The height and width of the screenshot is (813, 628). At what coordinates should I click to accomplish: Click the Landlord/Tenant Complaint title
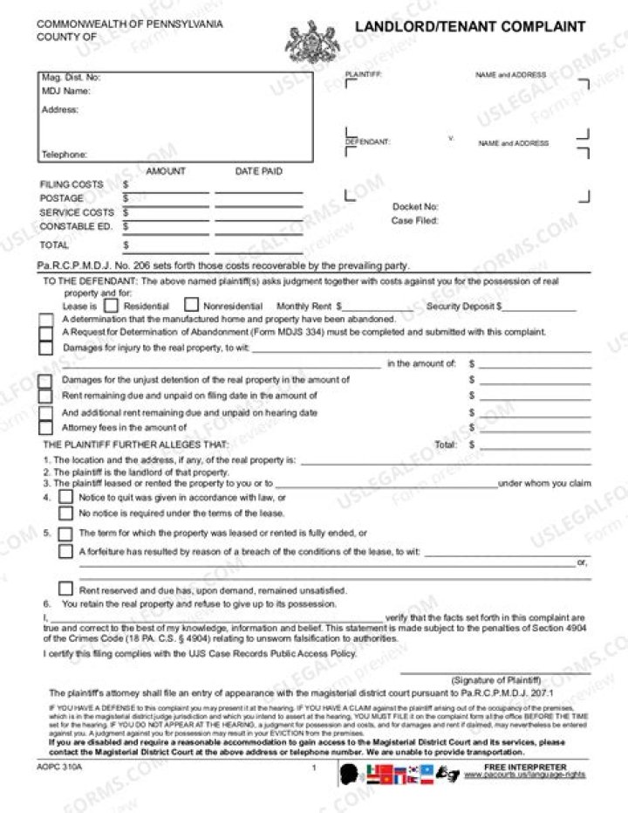click(469, 27)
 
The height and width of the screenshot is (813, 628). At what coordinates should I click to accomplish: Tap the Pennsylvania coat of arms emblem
click(312, 41)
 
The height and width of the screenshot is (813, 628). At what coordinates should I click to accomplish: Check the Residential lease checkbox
click(111, 306)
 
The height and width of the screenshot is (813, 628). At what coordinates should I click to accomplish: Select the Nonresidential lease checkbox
click(191, 306)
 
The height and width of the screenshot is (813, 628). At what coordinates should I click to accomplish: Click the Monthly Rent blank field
click(375, 307)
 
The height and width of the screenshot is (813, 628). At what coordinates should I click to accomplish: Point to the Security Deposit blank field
click(540, 307)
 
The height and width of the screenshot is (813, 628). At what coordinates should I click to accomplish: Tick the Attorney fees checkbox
click(45, 428)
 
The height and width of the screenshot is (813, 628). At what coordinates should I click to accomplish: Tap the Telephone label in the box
click(65, 155)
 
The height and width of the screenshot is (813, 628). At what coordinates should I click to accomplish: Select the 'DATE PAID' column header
click(258, 172)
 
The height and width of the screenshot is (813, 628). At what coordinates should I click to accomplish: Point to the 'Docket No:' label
click(415, 207)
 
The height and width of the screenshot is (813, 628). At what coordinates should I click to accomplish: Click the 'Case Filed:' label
click(414, 221)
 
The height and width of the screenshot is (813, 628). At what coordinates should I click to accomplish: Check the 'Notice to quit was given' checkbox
click(65, 497)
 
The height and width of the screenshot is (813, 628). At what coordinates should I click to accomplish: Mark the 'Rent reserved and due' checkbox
click(65, 589)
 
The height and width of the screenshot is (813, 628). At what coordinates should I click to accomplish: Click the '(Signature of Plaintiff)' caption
click(495, 679)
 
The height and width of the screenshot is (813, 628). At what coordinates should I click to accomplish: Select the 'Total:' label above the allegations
click(446, 444)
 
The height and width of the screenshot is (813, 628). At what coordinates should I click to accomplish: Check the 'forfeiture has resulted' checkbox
click(65, 552)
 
